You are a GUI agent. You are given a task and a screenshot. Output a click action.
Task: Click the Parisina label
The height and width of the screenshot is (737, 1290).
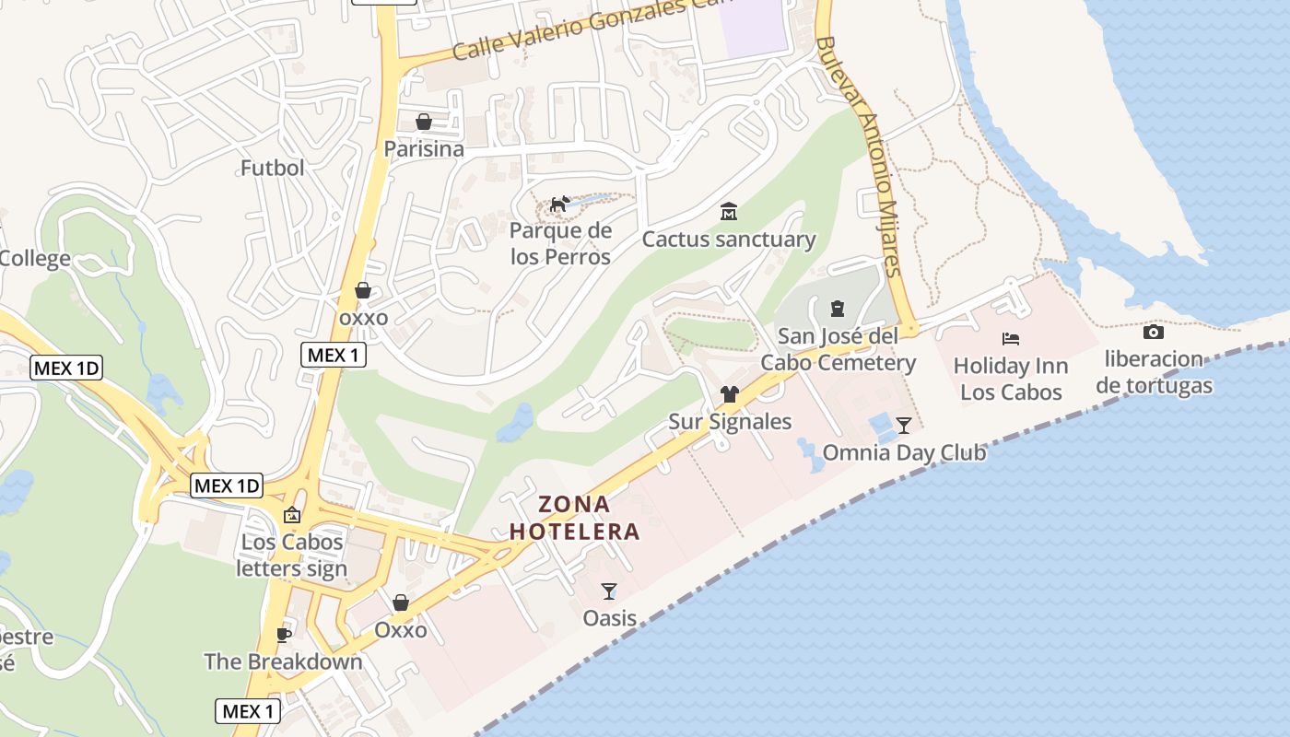coord(424,148)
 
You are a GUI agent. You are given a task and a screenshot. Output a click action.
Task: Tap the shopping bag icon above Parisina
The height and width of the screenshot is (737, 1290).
coord(424,122)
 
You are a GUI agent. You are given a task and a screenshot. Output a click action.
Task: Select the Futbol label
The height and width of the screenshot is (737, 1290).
coord(272,168)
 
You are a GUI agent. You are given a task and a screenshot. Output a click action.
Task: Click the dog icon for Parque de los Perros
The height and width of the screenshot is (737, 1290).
coord(560,204)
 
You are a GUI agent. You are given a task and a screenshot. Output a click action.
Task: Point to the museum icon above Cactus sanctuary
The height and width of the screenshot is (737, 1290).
coord(729,212)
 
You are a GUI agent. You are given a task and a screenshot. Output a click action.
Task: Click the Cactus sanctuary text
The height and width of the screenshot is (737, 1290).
coord(729,240)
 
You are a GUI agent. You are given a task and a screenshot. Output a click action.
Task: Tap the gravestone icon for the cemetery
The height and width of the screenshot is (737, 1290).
coord(838,308)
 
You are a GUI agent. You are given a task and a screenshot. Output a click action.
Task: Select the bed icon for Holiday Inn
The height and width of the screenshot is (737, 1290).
coord(1011,339)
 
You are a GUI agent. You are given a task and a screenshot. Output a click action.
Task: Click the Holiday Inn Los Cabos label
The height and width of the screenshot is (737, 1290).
coord(1011,379)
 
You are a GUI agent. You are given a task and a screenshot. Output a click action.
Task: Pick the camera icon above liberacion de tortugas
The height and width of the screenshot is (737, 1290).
coord(1154,332)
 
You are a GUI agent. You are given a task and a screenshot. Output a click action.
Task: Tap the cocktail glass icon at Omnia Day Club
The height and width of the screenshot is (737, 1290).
coord(904,425)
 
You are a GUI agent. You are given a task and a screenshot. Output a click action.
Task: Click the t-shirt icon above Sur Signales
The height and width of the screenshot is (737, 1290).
coord(730,394)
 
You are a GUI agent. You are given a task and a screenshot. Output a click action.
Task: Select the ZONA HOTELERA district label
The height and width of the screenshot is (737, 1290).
coord(574,518)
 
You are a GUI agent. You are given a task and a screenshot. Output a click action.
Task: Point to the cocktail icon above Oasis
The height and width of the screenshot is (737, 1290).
coord(609,591)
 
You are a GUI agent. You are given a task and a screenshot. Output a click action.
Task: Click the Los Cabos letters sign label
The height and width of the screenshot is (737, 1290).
coord(292,555)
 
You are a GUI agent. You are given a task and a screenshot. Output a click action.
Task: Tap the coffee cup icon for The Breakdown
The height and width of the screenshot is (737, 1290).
coord(284,635)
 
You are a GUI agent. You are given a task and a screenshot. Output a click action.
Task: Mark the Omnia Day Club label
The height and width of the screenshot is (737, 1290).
coord(904,452)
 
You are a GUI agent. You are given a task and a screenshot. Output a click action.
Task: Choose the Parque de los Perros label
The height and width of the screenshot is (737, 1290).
coord(560,243)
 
